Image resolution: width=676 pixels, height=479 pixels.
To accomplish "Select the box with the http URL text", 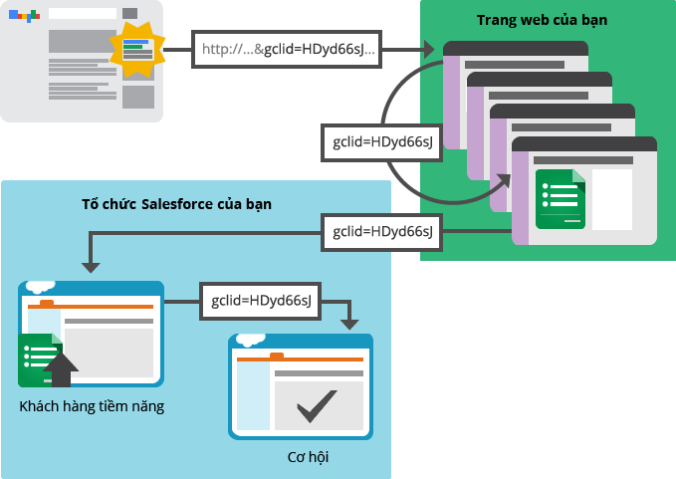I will click(x=288, y=49).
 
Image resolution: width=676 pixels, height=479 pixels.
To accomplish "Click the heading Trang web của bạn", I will click(x=542, y=20).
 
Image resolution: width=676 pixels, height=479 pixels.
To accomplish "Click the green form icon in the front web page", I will click(x=560, y=199).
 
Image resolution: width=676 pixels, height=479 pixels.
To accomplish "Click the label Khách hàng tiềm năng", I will click(x=92, y=406).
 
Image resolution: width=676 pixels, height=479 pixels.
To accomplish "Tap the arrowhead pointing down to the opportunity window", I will click(x=348, y=323).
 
